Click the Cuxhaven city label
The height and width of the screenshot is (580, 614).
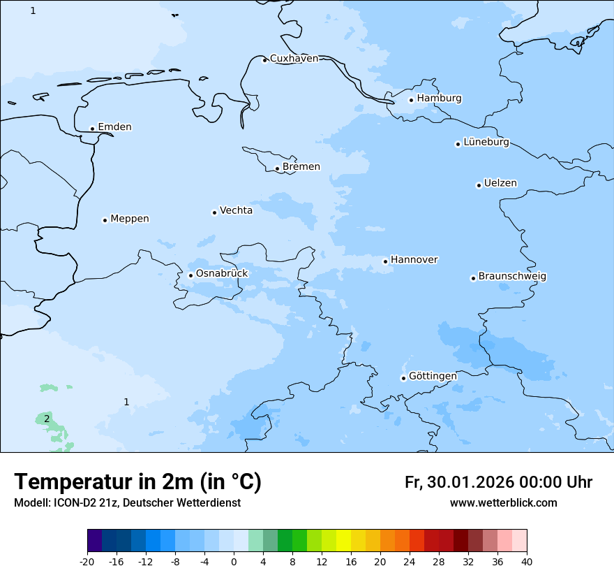tap(294, 59)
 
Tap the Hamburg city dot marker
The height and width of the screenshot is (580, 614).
tap(412, 100)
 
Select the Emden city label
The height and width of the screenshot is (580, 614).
tap(114, 127)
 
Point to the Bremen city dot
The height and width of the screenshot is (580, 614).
tap(277, 168)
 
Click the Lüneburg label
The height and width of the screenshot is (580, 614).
tap(486, 143)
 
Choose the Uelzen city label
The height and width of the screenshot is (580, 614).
tap(500, 184)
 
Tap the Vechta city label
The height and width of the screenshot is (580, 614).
tap(236, 210)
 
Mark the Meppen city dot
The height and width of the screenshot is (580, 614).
tap(105, 220)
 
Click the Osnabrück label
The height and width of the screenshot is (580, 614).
tap(222, 274)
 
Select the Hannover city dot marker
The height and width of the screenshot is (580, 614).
tap(385, 261)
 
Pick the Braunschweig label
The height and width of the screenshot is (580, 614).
tap(512, 277)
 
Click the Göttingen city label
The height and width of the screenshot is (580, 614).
tap(433, 376)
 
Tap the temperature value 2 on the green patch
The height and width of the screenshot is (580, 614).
tap(47, 419)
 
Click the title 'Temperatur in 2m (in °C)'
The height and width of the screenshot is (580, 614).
tap(137, 482)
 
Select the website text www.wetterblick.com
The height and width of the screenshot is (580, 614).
tap(503, 503)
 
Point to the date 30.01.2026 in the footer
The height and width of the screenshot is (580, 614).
tap(469, 482)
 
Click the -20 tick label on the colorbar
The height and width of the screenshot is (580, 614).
tap(87, 562)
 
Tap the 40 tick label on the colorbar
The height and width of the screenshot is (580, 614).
tap(527, 562)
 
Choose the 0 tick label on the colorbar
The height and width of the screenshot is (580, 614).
tap(234, 562)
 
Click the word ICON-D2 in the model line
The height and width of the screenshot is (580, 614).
tap(73, 503)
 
